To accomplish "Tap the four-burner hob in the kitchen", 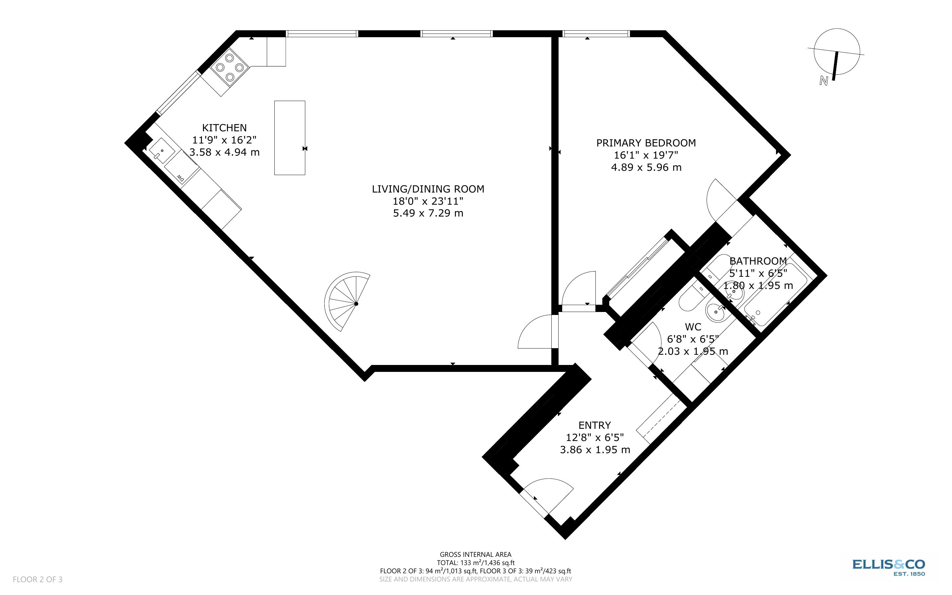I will point(230,68).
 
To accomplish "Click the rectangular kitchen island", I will point(289,138).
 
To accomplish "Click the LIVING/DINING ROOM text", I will point(428,189).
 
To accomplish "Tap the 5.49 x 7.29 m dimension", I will point(428,213).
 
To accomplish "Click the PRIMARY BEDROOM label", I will point(646,143).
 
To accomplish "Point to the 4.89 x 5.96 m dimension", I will point(646,167).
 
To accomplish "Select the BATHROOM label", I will point(758,261).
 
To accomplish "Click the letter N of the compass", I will point(823,81).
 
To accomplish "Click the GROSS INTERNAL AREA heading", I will point(475,555).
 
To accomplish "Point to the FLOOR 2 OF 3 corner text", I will point(38,579).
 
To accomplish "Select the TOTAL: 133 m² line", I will point(475,563).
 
